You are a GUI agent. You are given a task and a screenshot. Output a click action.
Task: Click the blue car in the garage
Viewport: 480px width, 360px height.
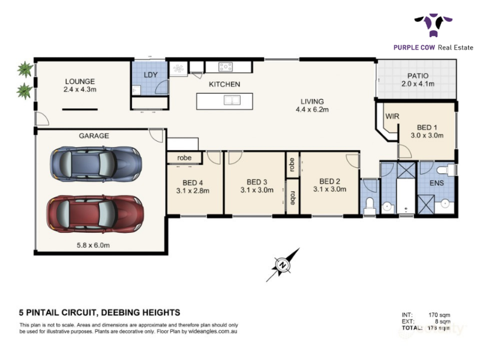(x=96, y=164)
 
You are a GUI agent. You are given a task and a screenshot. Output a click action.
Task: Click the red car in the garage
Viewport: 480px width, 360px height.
(x=95, y=214)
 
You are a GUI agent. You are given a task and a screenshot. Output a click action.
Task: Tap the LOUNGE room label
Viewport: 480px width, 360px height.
(x=80, y=82)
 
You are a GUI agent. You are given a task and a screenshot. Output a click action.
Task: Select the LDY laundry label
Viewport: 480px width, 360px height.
(x=151, y=75)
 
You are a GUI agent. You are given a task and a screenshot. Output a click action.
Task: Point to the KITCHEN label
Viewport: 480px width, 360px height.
(x=224, y=84)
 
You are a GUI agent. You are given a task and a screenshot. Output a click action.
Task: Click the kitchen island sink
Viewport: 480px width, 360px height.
(x=232, y=100)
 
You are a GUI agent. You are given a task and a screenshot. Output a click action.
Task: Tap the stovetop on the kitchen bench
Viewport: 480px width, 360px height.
(x=226, y=67)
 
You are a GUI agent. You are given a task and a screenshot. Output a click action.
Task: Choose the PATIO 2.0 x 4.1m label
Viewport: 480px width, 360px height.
(x=418, y=80)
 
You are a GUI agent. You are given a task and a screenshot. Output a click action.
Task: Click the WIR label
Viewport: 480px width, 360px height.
(x=392, y=116)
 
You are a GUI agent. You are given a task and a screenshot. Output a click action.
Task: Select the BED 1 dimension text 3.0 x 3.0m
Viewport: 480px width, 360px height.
(x=427, y=136)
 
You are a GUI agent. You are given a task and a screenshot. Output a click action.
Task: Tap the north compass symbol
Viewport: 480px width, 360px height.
(x=283, y=265)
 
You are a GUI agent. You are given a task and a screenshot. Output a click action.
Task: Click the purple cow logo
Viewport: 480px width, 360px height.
(x=433, y=25)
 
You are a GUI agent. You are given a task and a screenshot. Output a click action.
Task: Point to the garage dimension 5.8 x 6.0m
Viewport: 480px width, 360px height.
(x=93, y=245)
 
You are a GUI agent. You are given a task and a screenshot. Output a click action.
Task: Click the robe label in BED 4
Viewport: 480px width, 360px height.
(x=184, y=158)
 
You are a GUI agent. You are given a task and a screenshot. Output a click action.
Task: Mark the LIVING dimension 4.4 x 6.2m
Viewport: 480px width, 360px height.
(x=312, y=110)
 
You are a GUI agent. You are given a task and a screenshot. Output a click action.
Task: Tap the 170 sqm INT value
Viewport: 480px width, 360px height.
(x=439, y=315)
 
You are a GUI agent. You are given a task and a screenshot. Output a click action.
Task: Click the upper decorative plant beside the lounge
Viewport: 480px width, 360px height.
(x=25, y=69)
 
